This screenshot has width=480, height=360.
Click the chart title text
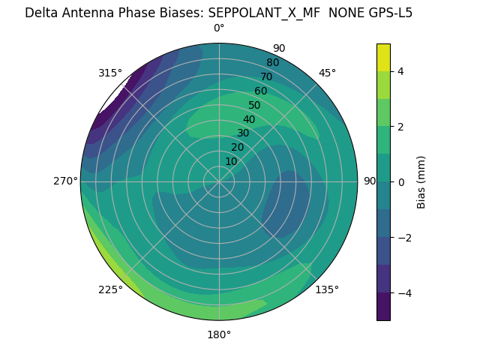click(218, 13)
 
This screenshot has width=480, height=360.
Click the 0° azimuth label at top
click(219, 28)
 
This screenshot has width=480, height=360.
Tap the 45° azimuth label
click(327, 73)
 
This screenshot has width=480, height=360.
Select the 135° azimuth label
click(327, 289)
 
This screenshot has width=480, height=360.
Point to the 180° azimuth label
click(219, 334)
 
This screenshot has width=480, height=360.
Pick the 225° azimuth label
click(110, 289)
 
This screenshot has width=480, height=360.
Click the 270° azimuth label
click(65, 181)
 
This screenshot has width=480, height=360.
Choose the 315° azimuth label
click(110, 73)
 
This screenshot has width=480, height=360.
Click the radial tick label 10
click(231, 162)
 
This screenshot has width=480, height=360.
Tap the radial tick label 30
click(243, 133)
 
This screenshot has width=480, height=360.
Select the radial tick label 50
click(255, 105)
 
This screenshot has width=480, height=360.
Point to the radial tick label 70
click(266, 76)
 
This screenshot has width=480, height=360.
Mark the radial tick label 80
click(272, 62)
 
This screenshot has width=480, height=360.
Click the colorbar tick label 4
click(401, 71)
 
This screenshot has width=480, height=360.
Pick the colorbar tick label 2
click(401, 127)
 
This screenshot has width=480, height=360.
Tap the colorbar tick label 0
click(401, 182)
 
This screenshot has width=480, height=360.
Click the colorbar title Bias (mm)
click(421, 182)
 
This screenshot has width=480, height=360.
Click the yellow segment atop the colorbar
click(383, 58)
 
